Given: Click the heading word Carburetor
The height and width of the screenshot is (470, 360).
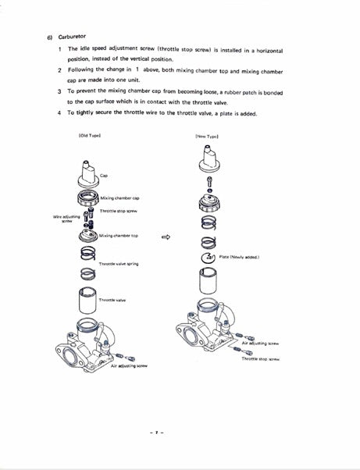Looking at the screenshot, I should pos(72,36).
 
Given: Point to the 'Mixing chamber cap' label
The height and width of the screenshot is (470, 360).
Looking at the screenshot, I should pos(121,198).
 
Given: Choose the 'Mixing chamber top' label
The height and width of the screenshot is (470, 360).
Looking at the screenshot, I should pos(119,234).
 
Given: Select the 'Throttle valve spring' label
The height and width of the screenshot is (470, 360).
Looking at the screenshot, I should pos(119,264).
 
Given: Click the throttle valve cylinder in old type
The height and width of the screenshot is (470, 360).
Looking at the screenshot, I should pos(86,301).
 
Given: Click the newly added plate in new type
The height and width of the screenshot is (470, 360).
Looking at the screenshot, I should pos(209,256).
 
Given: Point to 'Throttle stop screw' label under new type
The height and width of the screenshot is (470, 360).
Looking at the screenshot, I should pos(260,358).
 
